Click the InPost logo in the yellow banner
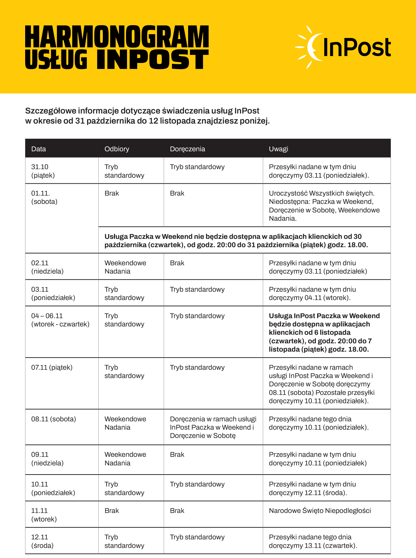(343, 47)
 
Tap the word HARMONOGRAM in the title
(117, 37)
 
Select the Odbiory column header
(117, 149)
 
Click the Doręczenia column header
(187, 149)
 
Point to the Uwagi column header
(278, 149)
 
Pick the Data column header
(38, 149)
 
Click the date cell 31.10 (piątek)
(43, 171)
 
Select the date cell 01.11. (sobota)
(44, 197)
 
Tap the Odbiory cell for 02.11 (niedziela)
(125, 267)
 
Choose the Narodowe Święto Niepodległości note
(320, 511)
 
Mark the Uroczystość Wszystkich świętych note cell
(324, 206)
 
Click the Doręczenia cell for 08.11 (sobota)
(213, 427)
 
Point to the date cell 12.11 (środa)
(42, 541)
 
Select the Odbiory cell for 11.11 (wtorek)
(112, 511)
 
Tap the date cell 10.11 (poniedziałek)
(53, 488)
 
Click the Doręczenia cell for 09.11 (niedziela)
(177, 454)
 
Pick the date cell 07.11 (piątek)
(52, 367)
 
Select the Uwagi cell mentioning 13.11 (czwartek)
(313, 541)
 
